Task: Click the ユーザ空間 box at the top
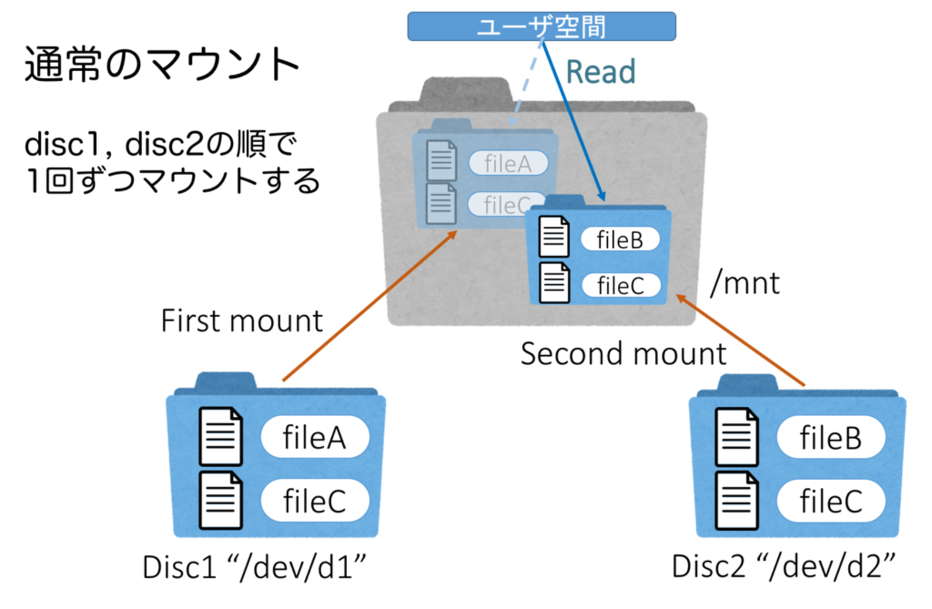541,26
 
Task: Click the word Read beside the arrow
601,72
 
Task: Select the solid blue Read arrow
574,122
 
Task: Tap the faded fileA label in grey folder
508,164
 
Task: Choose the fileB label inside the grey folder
619,240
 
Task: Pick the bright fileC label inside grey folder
619,285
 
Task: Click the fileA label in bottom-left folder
315,437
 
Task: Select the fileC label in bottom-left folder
315,501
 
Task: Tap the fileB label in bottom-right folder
830,437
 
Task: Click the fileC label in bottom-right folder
830,501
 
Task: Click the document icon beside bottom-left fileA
220,436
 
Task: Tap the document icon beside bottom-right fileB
736,436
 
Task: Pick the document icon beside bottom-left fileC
220,501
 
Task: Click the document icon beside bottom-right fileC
736,501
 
